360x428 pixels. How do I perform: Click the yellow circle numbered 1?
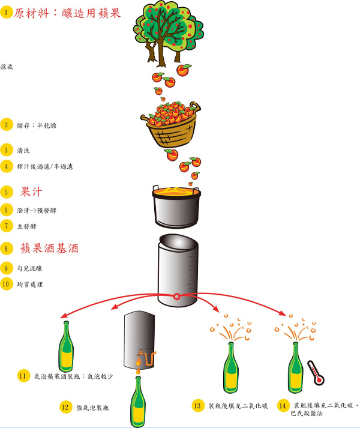(x=7, y=12)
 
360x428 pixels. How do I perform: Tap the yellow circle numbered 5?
(x=7, y=192)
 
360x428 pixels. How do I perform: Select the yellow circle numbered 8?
(x=7, y=248)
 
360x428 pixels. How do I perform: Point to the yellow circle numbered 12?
(x=65, y=406)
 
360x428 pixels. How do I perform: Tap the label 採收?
(x=8, y=67)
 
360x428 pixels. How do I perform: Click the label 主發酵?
(x=27, y=226)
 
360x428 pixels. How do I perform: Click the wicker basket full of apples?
(x=170, y=122)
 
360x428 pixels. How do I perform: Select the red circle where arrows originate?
(x=177, y=297)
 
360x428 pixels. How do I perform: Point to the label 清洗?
(x=24, y=150)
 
